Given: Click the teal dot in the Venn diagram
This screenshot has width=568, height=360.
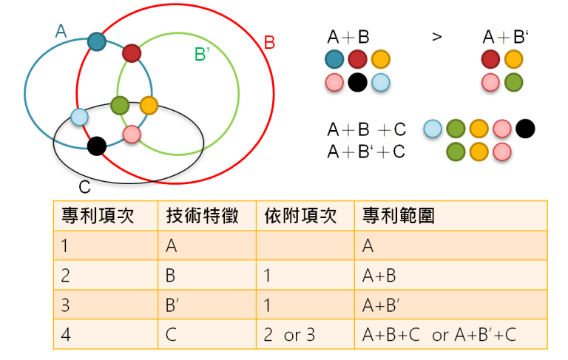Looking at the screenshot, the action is click(96, 41).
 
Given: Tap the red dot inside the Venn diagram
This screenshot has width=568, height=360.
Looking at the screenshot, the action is click(131, 52).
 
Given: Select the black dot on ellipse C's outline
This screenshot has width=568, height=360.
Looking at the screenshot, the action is click(96, 146).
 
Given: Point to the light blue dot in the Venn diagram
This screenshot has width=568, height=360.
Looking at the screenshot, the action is click(79, 117).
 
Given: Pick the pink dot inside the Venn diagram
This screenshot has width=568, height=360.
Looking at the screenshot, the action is click(131, 134).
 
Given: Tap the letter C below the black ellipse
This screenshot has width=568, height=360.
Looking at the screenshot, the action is click(85, 189).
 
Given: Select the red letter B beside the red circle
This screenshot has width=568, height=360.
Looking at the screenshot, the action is click(269, 42).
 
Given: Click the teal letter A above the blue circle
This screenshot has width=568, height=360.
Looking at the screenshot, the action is click(61, 30).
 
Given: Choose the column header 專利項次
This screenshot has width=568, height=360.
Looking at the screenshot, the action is click(92, 216).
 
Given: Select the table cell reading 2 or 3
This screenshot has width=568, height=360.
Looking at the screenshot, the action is click(289, 335).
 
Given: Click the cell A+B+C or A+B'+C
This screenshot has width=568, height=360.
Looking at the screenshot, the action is click(439, 335).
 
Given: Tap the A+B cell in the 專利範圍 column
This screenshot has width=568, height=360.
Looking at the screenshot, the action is click(379, 276).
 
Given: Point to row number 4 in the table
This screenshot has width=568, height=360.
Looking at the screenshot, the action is click(66, 335).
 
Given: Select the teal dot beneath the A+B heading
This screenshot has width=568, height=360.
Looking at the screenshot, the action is click(335, 60).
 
